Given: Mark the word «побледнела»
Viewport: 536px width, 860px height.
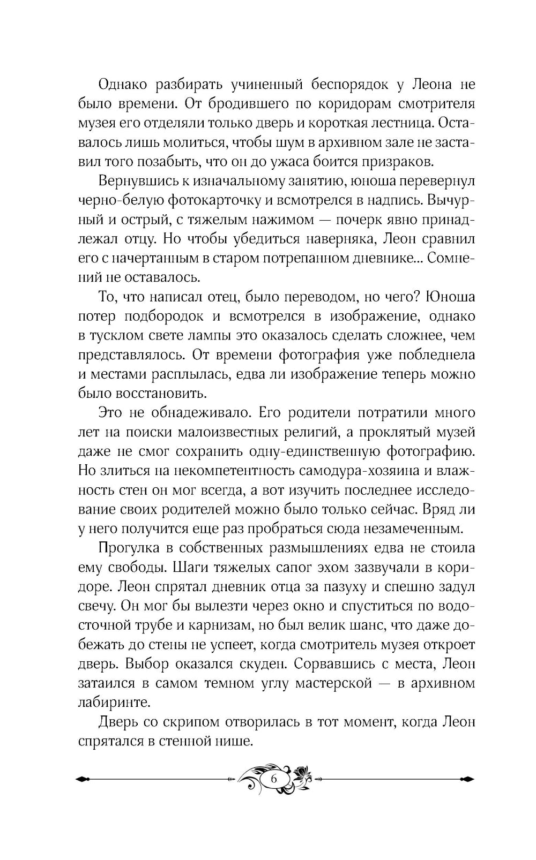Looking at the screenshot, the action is click(x=432, y=354).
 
